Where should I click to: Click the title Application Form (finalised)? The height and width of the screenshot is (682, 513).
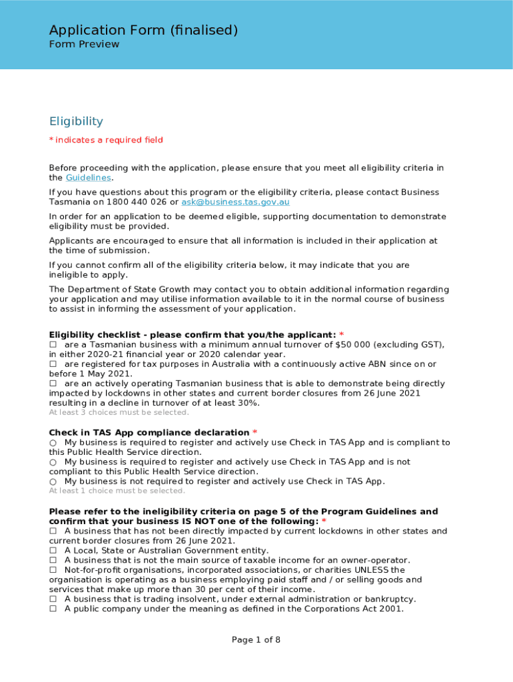point(143,30)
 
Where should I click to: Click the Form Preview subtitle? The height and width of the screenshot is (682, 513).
point(84,45)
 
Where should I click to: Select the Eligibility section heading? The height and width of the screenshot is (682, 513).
point(76,121)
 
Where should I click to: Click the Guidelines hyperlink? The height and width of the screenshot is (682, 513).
point(88,178)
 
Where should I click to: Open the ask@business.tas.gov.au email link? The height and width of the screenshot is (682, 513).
point(235,202)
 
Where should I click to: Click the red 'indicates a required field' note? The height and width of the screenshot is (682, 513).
point(106,140)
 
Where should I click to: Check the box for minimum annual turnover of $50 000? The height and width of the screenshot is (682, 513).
point(53,345)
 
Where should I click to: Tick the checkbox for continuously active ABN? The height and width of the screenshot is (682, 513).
point(53,364)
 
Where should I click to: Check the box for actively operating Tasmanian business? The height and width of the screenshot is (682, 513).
point(53,384)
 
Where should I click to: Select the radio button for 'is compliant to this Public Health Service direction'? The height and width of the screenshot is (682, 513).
point(53,443)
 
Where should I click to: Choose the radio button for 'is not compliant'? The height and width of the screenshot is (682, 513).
point(53,462)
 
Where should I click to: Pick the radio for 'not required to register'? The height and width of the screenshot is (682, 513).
point(53,482)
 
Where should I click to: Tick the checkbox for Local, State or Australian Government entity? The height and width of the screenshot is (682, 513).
point(53,551)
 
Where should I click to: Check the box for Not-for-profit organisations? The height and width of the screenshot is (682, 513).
point(53,570)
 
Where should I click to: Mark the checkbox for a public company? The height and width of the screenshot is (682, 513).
point(53,609)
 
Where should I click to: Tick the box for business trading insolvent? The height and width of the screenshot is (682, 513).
point(53,599)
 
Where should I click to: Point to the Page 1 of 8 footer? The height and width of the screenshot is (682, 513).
point(256,640)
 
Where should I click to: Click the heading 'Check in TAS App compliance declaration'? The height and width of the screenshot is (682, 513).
point(149,433)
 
